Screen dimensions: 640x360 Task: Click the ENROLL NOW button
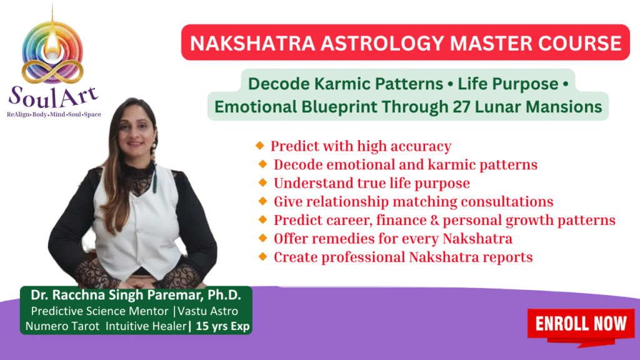pos(581,324)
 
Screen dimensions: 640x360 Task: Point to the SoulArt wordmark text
pos(54,97)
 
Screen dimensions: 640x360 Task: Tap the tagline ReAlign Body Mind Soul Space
pos(54,114)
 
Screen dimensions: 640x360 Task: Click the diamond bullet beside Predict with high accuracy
pos(260,146)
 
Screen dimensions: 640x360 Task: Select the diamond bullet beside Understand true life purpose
pos(263,182)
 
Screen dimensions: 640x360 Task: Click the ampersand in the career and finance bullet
pos(435,221)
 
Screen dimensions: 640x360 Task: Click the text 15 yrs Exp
pos(222,326)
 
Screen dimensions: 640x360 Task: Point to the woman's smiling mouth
pos(135,143)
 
